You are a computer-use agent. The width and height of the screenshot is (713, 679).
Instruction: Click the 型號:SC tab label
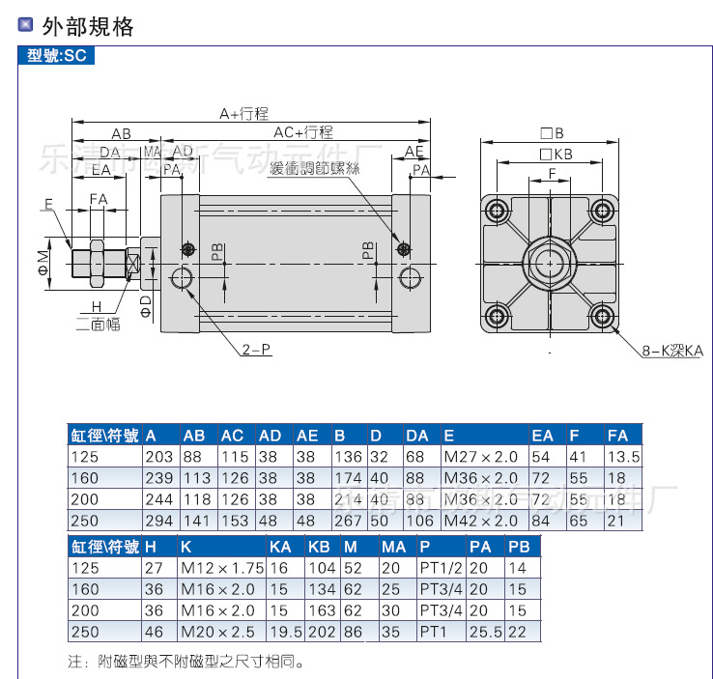57,56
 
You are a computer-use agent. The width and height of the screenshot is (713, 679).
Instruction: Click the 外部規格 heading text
88,26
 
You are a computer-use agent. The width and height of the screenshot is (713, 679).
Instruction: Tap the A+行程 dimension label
243,113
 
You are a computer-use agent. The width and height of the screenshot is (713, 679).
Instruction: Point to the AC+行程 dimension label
303,132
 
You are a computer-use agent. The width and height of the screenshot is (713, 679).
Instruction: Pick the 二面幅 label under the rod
99,325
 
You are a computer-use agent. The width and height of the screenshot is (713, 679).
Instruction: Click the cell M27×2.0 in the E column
480,456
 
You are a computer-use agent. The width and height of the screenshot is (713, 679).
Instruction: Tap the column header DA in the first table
416,435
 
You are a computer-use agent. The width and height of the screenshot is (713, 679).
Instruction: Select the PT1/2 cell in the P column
441,568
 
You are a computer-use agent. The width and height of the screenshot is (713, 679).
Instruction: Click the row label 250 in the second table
84,633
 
